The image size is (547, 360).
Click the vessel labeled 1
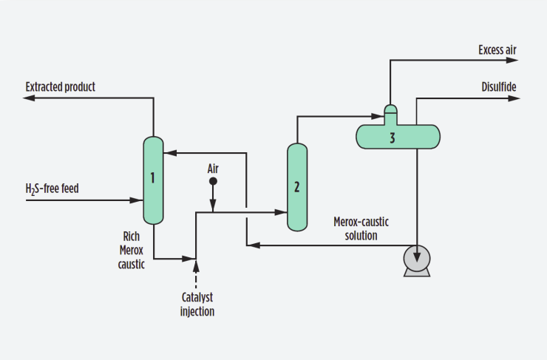[153, 180]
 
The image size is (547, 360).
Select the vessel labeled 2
[297, 186]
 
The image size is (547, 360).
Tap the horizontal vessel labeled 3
[398, 136]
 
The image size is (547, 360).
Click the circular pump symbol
[416, 259]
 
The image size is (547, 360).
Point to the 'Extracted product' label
[60, 87]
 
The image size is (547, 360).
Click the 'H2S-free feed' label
[52, 189]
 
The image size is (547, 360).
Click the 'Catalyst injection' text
[197, 304]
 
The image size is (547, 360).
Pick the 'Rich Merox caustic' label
[134, 249]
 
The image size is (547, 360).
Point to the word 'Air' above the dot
[213, 169]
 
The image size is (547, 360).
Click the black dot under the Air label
[213, 181]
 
